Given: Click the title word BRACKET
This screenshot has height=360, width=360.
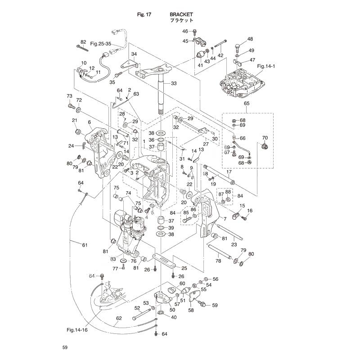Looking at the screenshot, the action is point(181,14).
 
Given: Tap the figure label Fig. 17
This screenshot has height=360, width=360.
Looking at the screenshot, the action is point(144,14).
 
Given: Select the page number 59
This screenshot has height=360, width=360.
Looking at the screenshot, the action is point(65,347).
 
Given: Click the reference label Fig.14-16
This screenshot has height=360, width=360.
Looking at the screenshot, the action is point(77,330).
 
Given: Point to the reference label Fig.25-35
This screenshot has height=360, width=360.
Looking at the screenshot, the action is point(101,44).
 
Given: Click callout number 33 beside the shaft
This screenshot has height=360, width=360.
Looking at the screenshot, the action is point(174,83).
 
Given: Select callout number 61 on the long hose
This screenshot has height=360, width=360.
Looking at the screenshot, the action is point(85,245).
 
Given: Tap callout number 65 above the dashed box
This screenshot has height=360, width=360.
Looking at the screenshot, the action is point(247,103).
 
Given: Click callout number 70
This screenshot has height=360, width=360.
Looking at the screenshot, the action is point(265,138).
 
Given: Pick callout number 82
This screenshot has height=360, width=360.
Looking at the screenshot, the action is point(83,42).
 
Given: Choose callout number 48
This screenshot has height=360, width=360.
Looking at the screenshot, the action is point(250,39).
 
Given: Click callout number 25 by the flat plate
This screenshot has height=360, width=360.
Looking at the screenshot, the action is point(184,268).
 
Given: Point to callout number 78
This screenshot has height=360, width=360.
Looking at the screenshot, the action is point(218,261).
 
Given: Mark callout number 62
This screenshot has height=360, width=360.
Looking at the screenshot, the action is point(119,318).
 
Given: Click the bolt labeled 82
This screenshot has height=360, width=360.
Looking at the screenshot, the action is point(82,48).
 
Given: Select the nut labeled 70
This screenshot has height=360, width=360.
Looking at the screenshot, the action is point(265,146).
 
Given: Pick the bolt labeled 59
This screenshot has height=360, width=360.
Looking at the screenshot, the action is point(202,303).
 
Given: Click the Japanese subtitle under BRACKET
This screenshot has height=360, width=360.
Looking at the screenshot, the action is point(182,20).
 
